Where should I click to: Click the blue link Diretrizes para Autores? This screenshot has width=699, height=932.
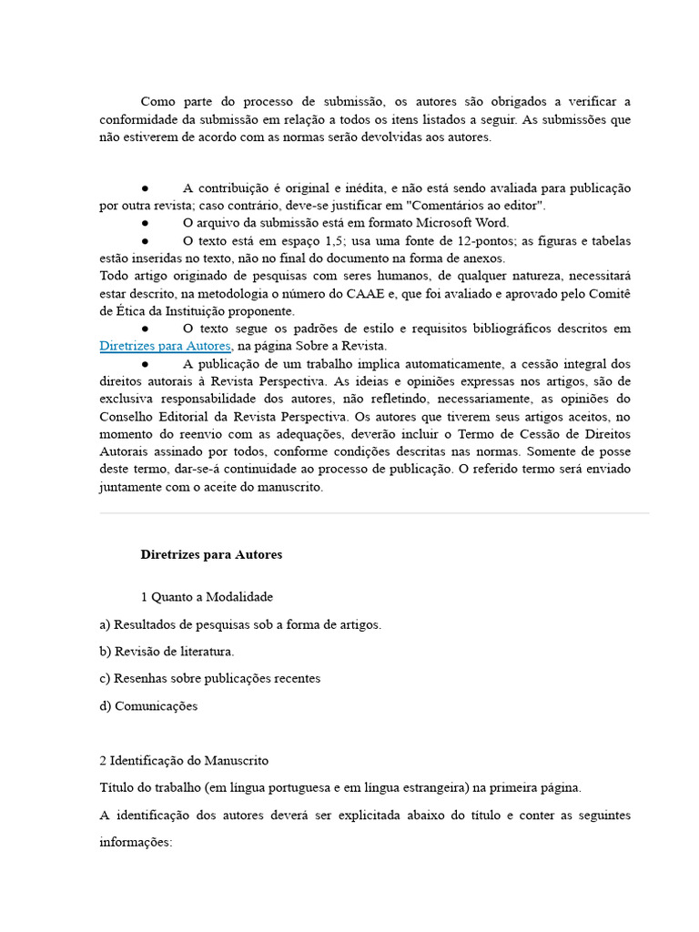click(x=166, y=346)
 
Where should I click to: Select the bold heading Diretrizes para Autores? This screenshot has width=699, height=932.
click(x=211, y=554)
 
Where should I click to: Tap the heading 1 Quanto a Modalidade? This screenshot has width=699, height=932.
click(x=207, y=597)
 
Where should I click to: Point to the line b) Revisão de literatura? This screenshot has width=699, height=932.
click(x=167, y=652)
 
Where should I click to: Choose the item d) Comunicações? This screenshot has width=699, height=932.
click(x=148, y=706)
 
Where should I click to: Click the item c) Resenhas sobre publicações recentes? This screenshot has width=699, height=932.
click(x=209, y=679)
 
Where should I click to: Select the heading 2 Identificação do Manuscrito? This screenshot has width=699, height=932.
click(x=184, y=760)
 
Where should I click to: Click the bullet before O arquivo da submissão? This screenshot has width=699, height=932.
click(x=145, y=223)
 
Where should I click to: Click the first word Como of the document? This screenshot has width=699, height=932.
click(x=158, y=101)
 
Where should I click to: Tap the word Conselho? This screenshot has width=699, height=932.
click(x=127, y=416)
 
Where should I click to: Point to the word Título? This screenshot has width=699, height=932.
click(x=117, y=787)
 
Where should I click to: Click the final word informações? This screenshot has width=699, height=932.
click(x=136, y=843)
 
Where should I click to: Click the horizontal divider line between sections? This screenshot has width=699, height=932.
click(x=374, y=513)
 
